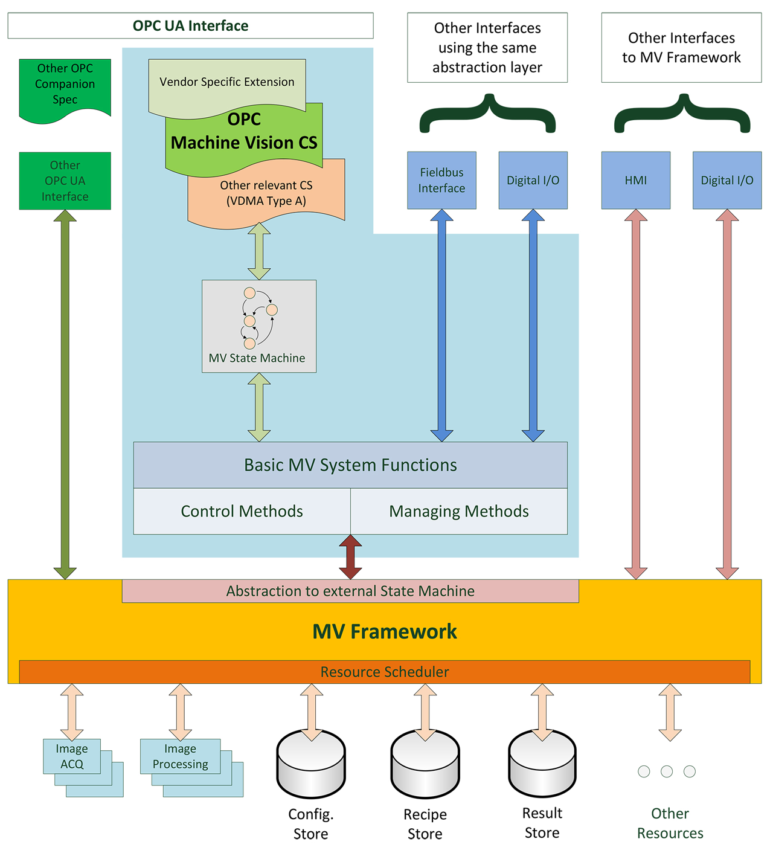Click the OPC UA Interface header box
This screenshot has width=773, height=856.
190,26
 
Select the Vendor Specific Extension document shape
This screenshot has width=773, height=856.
226,82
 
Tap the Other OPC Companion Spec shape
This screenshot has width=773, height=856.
65,85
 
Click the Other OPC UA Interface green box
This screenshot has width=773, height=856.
65,181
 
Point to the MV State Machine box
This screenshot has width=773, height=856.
258,326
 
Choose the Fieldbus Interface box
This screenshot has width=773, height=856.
441,180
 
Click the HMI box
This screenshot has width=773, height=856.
635,180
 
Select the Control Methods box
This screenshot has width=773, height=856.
242,511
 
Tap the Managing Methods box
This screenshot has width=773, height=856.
458,511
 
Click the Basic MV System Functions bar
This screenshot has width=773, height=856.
350,465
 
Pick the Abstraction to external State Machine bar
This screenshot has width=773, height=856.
350,591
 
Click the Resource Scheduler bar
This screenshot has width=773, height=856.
384,672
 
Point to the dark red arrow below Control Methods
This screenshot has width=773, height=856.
350,557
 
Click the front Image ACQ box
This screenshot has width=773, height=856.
72,756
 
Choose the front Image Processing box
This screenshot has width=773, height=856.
180,756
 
